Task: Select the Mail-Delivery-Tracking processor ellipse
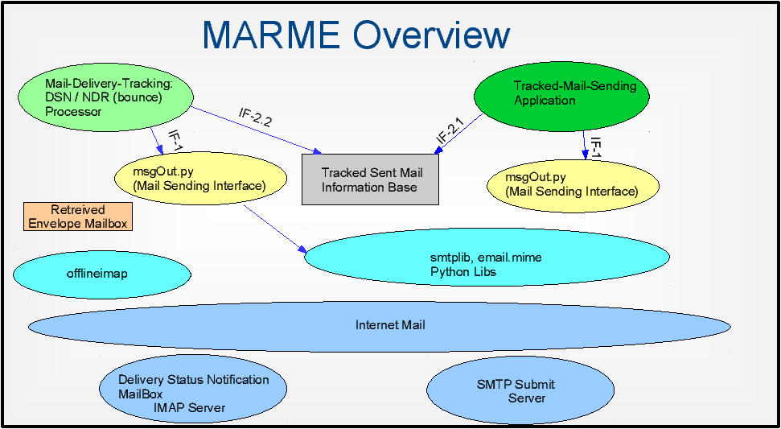105,98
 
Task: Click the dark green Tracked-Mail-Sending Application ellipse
563,97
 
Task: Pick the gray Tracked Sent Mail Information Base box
371,179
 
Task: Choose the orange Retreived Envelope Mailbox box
78,217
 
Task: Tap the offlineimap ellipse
102,274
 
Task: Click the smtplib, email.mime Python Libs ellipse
487,258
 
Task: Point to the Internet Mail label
390,325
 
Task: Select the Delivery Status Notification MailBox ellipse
193,389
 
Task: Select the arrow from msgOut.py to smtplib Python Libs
275,229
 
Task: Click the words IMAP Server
190,408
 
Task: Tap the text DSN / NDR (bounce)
104,97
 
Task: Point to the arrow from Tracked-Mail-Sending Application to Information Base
458,134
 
